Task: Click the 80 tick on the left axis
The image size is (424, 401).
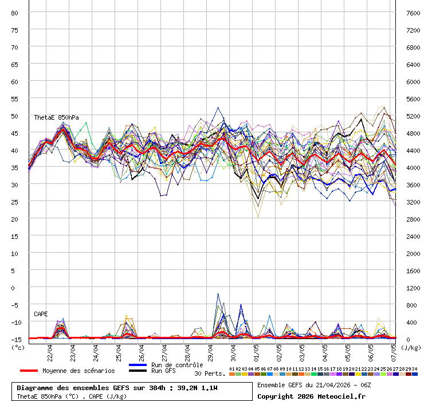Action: coord(15,13)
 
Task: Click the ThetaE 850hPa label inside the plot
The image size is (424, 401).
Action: coord(56,117)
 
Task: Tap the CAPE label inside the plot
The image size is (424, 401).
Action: coord(41,314)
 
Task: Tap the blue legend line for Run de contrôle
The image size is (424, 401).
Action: coord(138,365)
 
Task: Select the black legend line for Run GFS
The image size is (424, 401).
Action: coord(138,371)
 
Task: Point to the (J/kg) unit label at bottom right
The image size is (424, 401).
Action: coord(410,347)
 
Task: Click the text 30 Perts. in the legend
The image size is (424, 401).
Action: coord(210,374)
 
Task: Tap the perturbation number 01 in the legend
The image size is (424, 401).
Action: coord(231,369)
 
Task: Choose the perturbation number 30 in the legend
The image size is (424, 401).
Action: coord(414,369)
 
